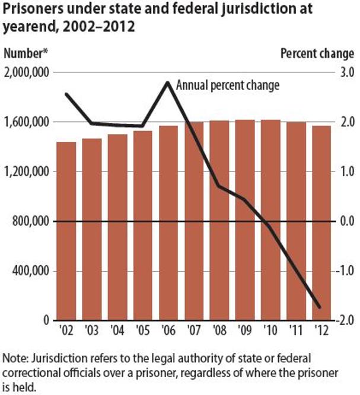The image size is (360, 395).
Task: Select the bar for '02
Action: point(66,231)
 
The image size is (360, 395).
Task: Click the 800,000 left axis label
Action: point(29,221)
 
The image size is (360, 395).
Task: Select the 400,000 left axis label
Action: point(29,271)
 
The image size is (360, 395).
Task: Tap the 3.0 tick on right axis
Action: point(346,72)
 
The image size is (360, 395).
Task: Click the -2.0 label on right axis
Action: point(345,321)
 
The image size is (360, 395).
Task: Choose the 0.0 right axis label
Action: point(346,221)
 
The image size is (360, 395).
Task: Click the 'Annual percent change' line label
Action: point(228,85)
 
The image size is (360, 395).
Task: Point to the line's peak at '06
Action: point(168,82)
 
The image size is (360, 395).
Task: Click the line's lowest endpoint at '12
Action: point(321,308)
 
